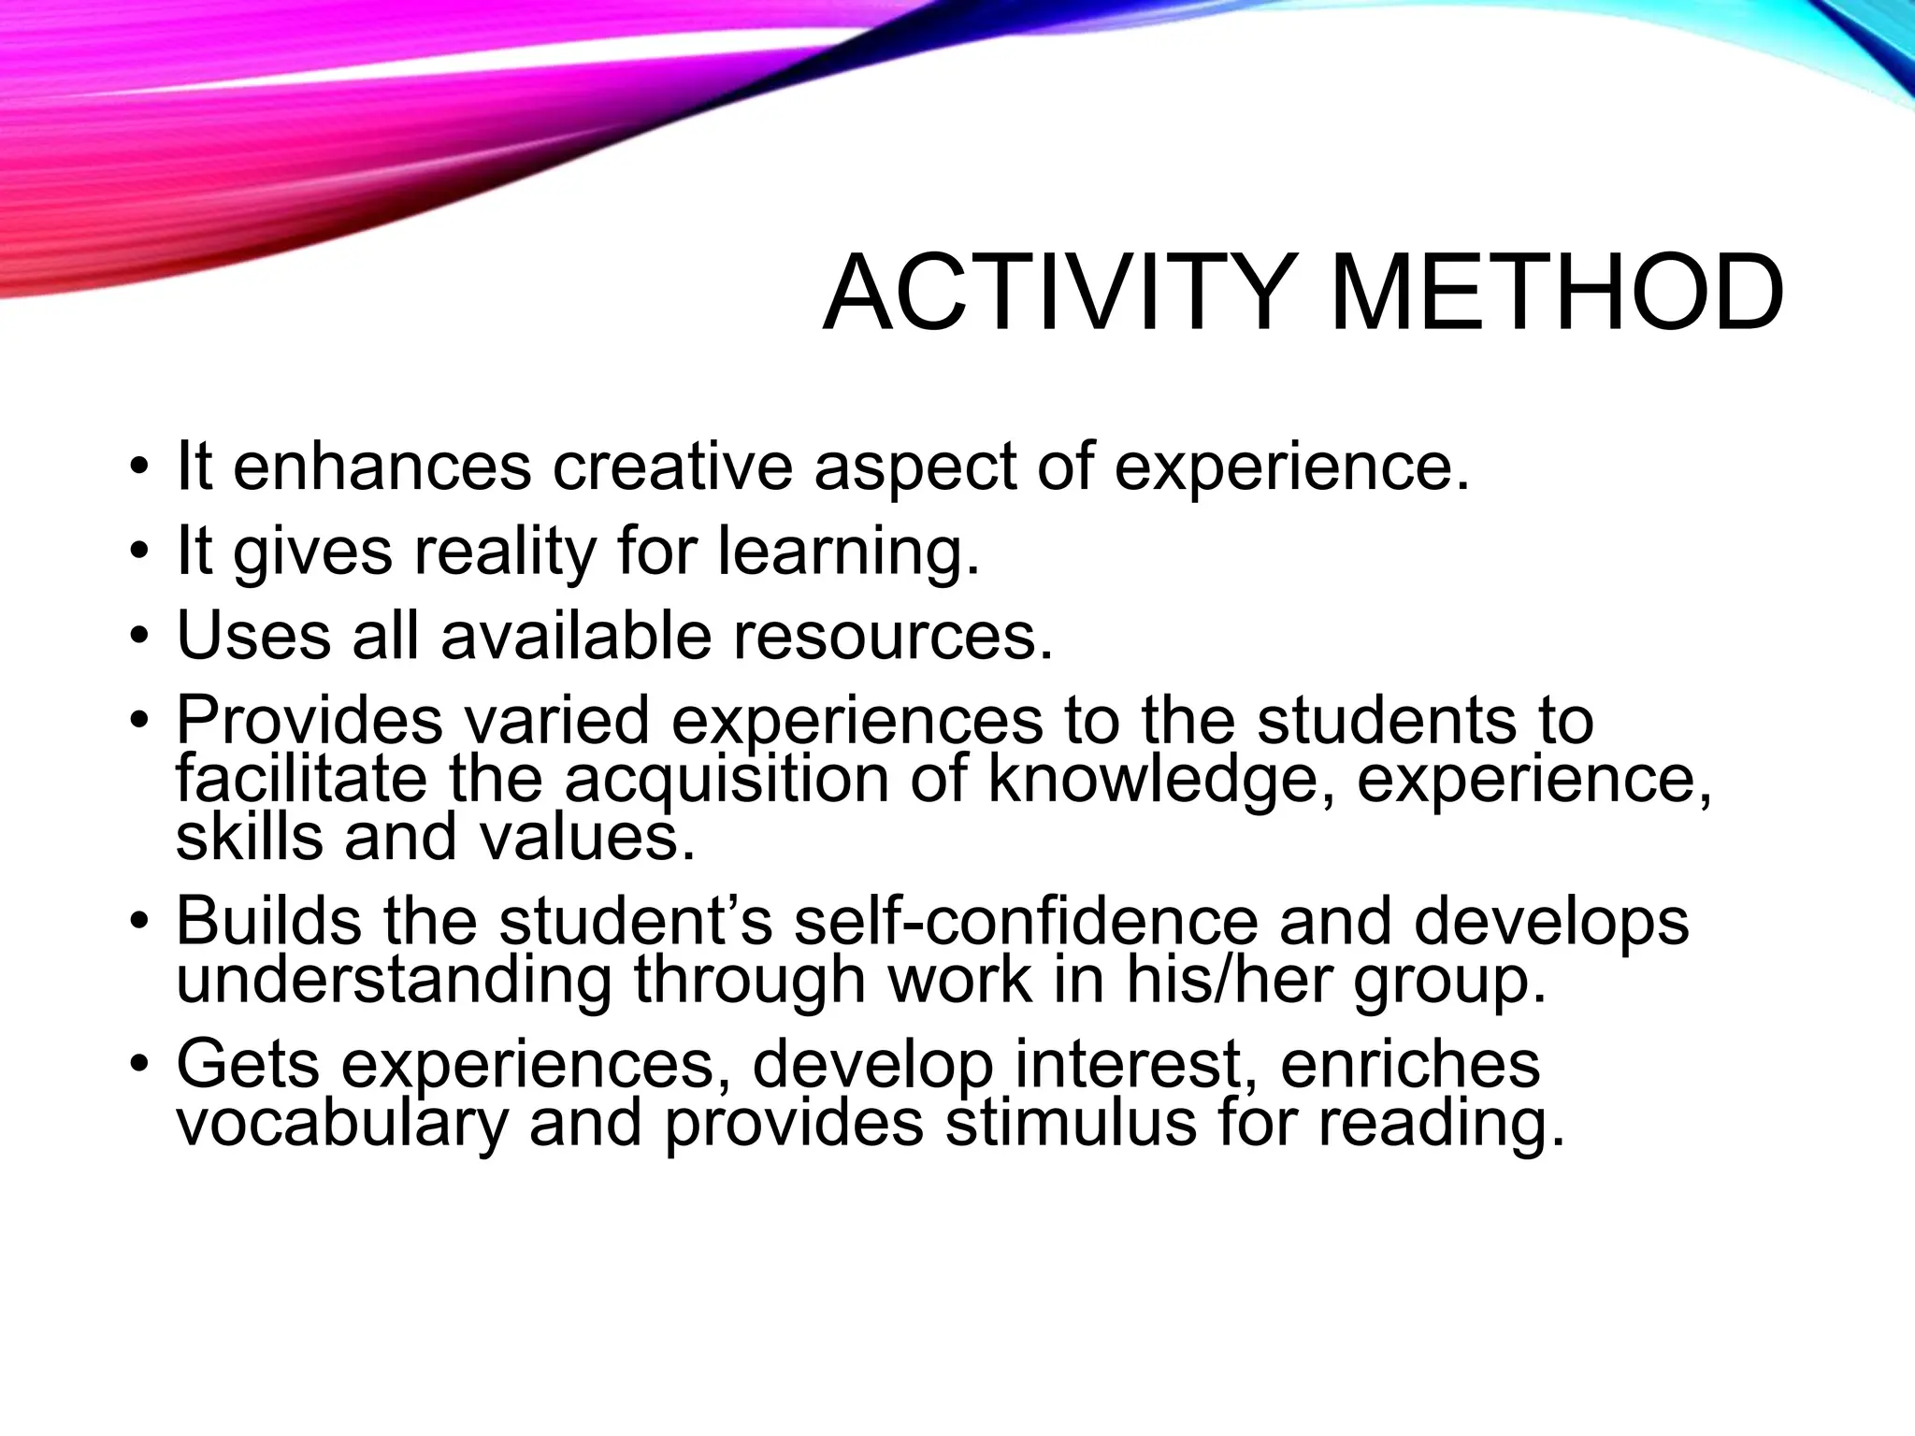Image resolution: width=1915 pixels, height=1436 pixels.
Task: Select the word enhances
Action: pos(382,467)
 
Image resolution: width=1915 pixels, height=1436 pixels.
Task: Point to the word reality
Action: pos(504,552)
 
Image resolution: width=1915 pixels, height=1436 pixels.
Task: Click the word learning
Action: pos(849,552)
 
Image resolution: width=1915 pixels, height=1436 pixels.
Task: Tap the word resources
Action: pos(893,636)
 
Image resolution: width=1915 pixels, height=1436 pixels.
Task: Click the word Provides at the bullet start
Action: pos(309,720)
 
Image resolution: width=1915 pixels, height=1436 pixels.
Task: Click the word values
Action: pos(587,836)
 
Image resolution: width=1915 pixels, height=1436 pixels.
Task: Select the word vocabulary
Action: pos(342,1122)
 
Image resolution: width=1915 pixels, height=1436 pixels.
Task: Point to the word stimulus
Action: pos(1071,1122)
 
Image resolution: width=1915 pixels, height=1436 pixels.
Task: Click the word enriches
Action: pos(1409,1064)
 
